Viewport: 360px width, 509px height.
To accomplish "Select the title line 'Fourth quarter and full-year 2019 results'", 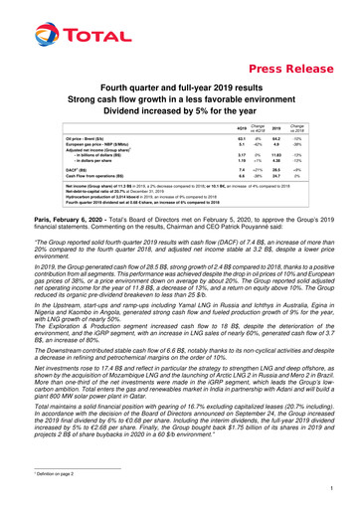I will (x=180, y=88).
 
